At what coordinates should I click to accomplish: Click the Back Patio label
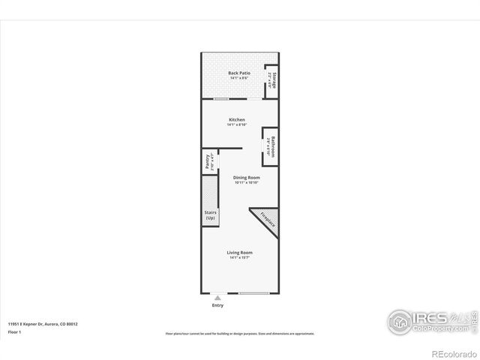(x=239, y=73)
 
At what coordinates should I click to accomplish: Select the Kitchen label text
(x=237, y=120)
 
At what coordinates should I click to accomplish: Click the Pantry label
(x=207, y=161)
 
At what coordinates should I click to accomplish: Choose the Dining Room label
(x=246, y=178)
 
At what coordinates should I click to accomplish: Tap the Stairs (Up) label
(x=210, y=214)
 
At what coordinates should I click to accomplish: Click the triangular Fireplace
(x=268, y=220)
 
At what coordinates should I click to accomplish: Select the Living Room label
(x=240, y=253)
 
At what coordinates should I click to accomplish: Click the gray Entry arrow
(x=217, y=298)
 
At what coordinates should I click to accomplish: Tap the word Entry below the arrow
(x=217, y=305)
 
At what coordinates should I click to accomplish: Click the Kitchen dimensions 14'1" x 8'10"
(x=237, y=124)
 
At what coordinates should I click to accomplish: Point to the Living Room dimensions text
(x=240, y=258)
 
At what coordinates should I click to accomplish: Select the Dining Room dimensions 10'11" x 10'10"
(x=246, y=182)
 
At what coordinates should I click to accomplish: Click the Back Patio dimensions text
(x=239, y=78)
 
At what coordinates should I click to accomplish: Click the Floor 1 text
(x=13, y=331)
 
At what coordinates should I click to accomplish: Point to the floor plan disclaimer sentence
(x=240, y=334)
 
